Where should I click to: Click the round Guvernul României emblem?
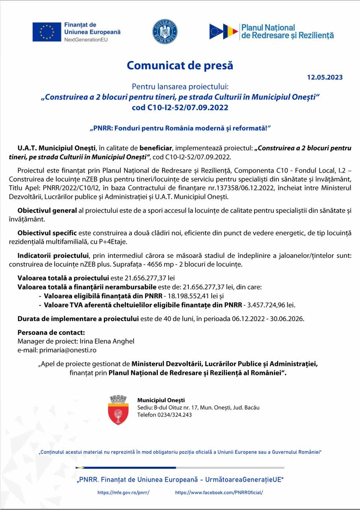click(165, 31)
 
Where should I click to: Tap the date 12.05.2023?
click(325, 77)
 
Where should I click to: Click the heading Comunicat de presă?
click(180, 65)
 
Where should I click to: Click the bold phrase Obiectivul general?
click(47, 211)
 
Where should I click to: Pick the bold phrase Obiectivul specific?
click(47, 233)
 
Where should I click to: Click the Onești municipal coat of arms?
click(118, 410)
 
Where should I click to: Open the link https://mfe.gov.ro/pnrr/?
click(124, 492)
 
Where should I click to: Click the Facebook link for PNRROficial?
click(219, 492)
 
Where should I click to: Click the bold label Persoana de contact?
click(51, 333)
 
